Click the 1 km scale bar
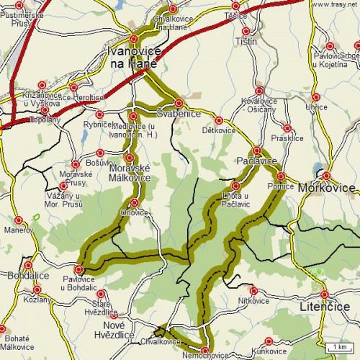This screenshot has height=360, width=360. tap(338, 348)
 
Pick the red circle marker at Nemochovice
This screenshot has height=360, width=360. tap(205, 351)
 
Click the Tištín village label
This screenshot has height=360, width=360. tap(246, 42)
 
